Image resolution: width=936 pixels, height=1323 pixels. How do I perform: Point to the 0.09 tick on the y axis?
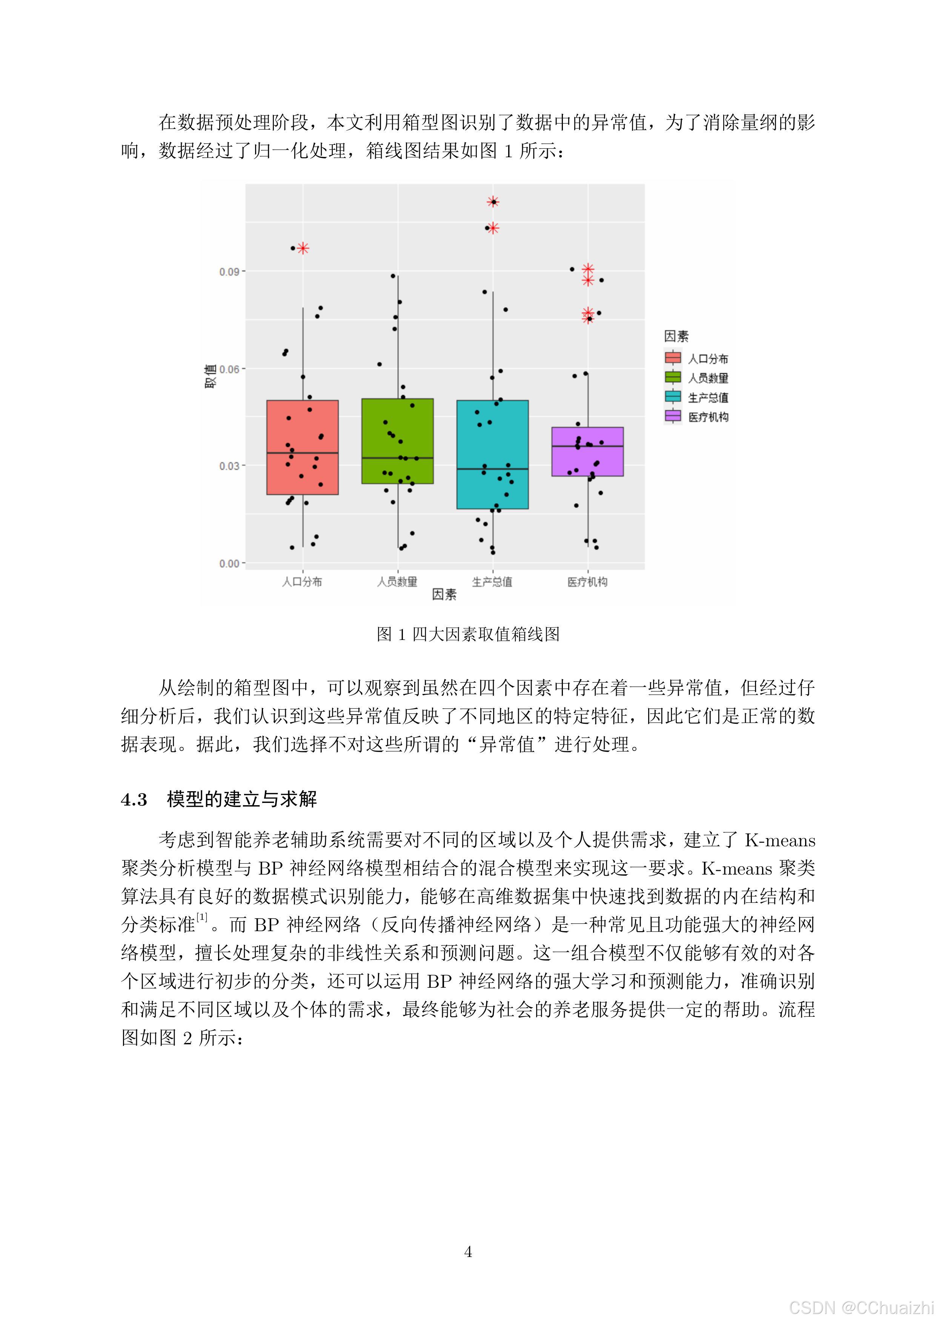pyautogui.click(x=229, y=272)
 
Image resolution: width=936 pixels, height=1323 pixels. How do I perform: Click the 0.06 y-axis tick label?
pyautogui.click(x=229, y=369)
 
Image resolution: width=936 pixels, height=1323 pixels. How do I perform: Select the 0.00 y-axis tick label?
pyautogui.click(x=229, y=563)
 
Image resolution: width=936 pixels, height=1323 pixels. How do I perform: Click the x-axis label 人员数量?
pyautogui.click(x=397, y=582)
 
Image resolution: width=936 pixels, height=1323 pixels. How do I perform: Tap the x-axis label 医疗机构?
pyautogui.click(x=587, y=582)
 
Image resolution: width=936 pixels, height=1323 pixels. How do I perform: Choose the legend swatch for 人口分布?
pyautogui.click(x=673, y=358)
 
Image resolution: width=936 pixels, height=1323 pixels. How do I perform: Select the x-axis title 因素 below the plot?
pyautogui.click(x=444, y=595)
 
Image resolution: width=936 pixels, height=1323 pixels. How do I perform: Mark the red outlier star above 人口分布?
pyautogui.click(x=303, y=249)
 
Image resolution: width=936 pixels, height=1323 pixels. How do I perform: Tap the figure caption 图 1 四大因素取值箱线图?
pyautogui.click(x=468, y=634)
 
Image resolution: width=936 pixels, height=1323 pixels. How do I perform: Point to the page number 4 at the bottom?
pyautogui.click(x=468, y=1252)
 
